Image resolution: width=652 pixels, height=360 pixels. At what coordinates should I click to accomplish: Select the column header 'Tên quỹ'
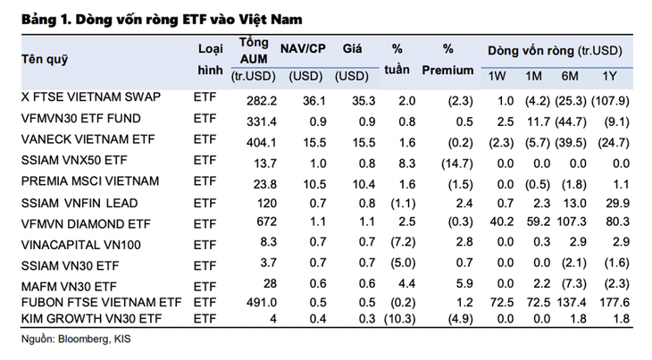pos(45,60)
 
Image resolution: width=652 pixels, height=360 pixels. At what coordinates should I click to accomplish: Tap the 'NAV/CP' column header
pos(301,49)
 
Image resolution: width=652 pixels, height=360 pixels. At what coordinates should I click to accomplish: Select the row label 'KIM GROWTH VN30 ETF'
pos(91,317)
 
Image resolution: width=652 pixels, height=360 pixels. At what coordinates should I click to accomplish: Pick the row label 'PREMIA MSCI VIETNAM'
pos(89,180)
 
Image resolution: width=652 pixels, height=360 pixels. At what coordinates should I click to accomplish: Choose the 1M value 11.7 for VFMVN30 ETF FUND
pos(534,119)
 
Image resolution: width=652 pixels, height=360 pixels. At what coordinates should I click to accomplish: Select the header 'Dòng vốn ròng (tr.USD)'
pos(554,50)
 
